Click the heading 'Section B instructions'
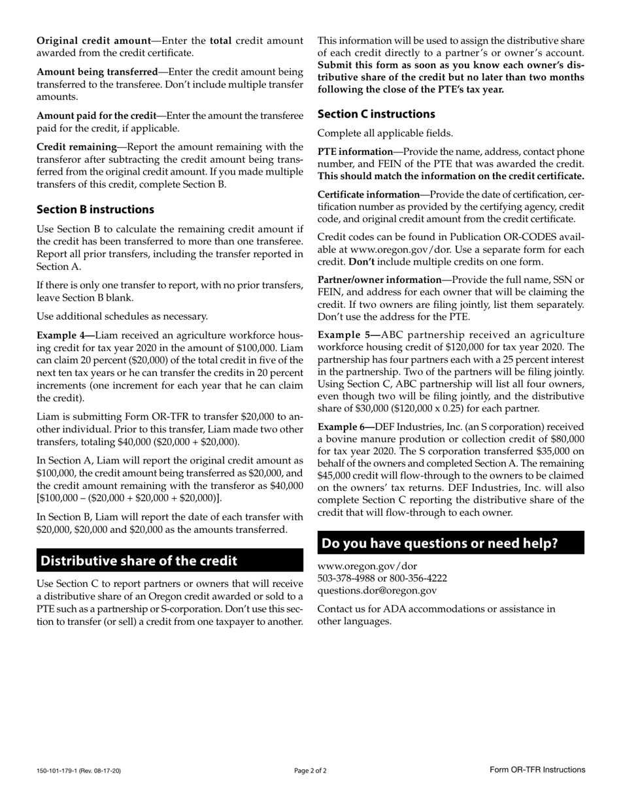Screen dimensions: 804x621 (x=95, y=210)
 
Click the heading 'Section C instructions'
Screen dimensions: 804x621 (x=377, y=114)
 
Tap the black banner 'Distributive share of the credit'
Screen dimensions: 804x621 (x=170, y=561)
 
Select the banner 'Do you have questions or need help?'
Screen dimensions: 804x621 (x=451, y=543)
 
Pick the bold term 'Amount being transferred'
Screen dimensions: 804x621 (x=97, y=72)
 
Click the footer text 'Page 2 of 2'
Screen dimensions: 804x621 (x=310, y=771)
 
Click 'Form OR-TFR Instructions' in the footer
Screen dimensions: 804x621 (x=537, y=770)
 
